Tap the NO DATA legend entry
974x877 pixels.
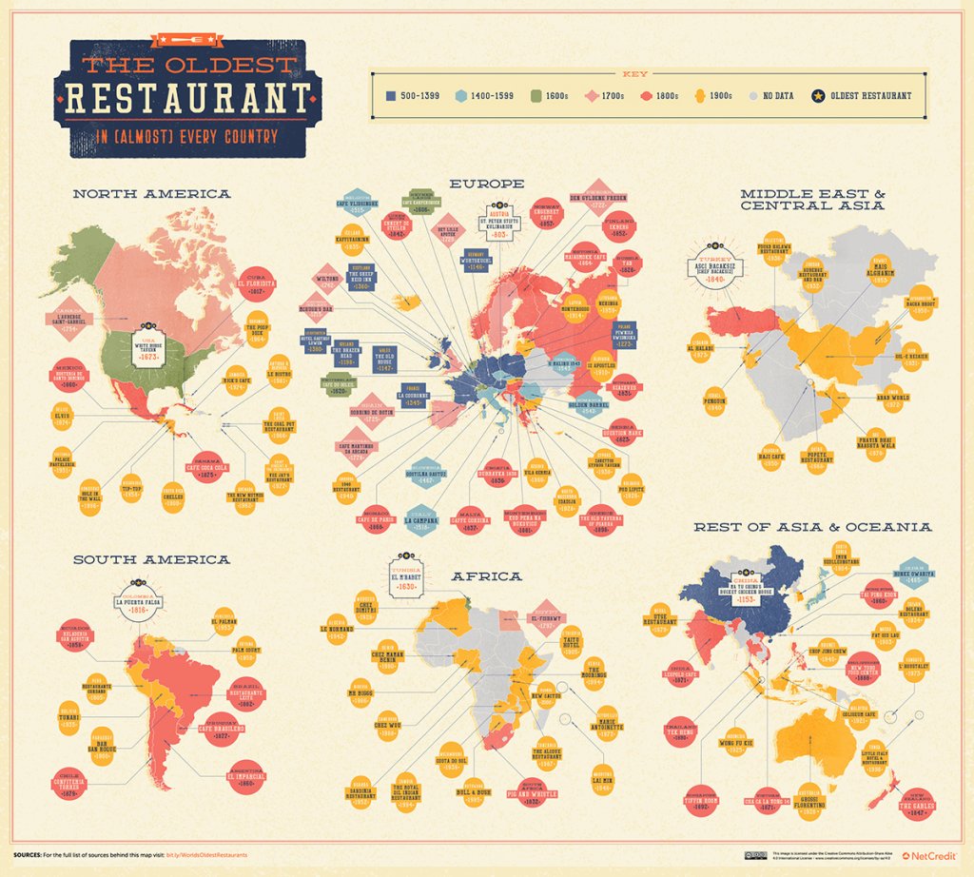[x=770, y=95]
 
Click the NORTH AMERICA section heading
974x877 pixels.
[x=151, y=194]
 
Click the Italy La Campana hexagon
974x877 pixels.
[x=420, y=520]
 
